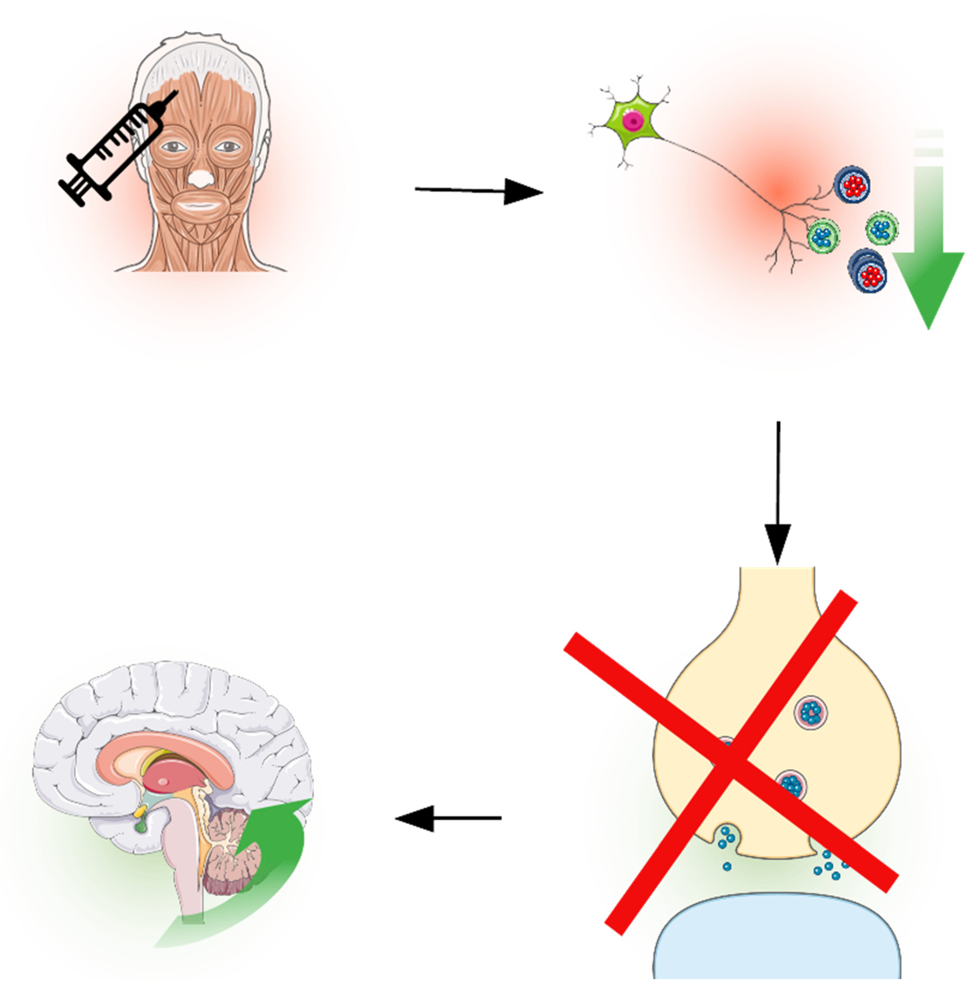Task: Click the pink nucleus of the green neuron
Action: click(x=633, y=121)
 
